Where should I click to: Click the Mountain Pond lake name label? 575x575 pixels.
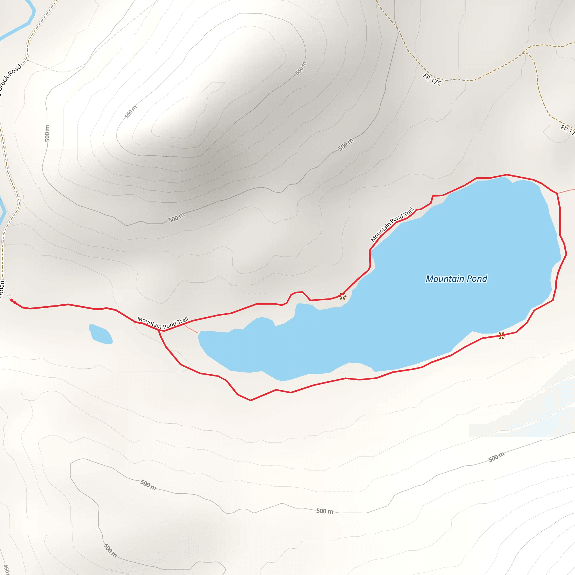[x=456, y=279]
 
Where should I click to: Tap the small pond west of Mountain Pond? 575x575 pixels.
[x=101, y=334]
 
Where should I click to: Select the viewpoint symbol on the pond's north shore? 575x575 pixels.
[x=343, y=296]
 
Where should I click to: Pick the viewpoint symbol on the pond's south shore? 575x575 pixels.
[x=502, y=336]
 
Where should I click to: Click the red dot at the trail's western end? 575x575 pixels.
[x=12, y=301]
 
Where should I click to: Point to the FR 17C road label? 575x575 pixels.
[x=432, y=79]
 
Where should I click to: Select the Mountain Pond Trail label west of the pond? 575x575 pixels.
[x=163, y=323]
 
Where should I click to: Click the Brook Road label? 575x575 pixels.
[x=10, y=77]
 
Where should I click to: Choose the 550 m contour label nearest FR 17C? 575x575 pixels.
[x=301, y=68]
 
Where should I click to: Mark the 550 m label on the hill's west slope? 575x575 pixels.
[x=131, y=112]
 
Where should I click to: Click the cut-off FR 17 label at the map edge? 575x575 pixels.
[x=567, y=130]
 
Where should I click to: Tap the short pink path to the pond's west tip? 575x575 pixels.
[x=191, y=329]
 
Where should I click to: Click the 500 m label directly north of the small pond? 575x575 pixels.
[x=176, y=218]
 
